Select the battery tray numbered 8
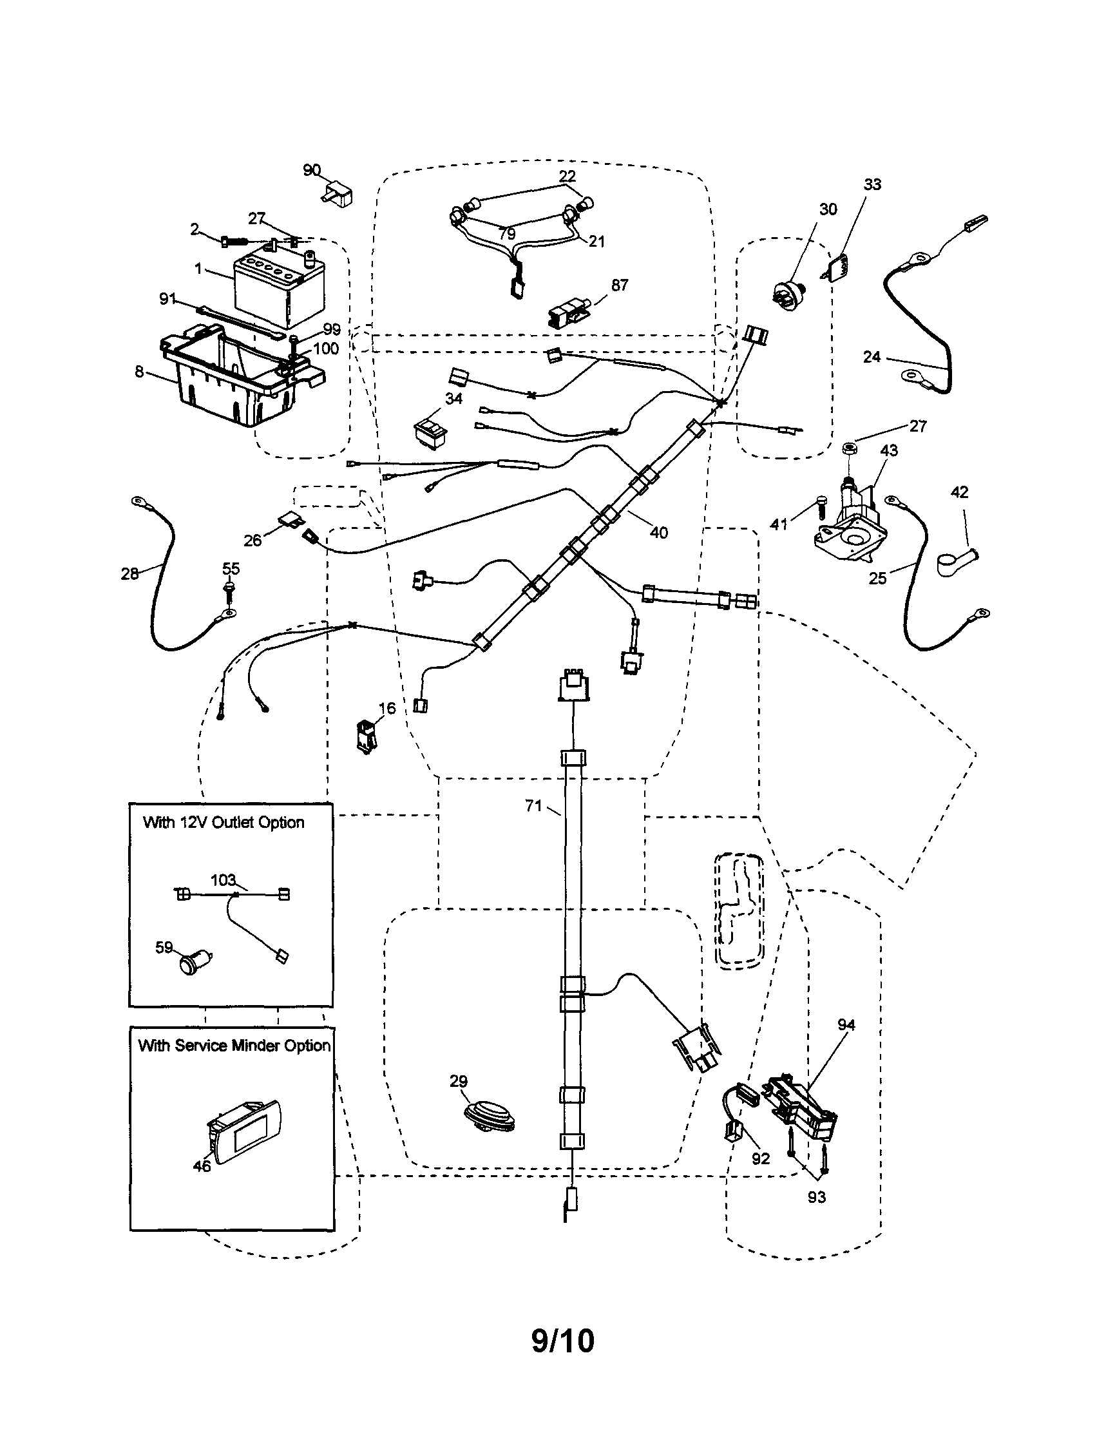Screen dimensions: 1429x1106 coord(236,379)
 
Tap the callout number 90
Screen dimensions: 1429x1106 coord(311,170)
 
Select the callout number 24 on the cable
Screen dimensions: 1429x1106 coord(871,357)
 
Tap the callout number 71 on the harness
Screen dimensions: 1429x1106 coord(534,806)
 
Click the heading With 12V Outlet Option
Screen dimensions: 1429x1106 coord(224,823)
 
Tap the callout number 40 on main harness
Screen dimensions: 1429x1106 coord(658,533)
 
